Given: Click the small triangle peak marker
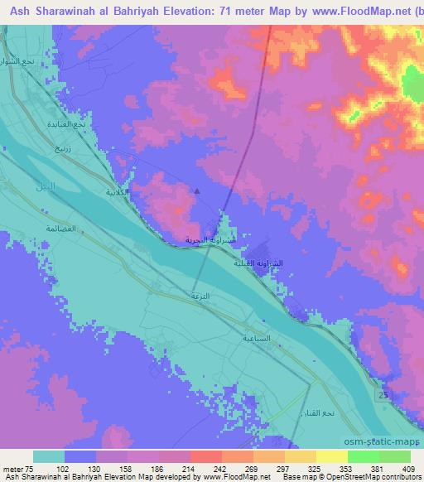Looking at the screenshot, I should coord(197,191).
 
